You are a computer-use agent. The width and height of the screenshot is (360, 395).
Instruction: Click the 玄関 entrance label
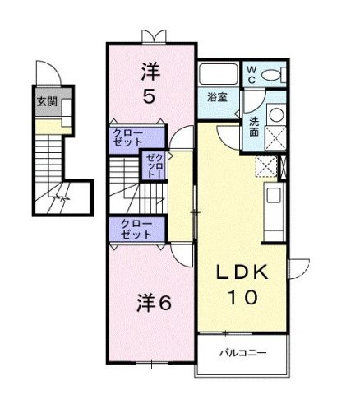47,102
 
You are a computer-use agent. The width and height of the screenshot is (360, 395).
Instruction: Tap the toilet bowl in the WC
271,75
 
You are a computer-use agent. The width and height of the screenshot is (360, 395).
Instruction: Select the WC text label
252,75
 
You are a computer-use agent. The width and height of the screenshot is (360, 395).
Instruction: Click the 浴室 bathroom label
217,97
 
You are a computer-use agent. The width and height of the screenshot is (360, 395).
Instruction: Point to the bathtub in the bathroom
219,74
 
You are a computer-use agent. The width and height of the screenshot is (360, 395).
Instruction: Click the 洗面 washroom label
254,127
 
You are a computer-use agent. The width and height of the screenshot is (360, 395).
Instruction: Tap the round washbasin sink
276,114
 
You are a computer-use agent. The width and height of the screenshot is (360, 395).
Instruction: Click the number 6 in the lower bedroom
165,304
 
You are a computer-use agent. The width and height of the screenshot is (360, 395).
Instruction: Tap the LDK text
242,272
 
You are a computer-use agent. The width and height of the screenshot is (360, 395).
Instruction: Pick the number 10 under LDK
242,297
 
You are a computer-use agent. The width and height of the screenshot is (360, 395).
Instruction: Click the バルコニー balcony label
243,352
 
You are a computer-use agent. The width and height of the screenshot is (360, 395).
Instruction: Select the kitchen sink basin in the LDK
274,195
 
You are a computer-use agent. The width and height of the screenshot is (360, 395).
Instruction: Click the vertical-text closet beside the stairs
155,166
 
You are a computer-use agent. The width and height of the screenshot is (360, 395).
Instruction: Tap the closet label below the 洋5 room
128,137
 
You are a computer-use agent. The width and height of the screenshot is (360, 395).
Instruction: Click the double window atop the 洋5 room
154,37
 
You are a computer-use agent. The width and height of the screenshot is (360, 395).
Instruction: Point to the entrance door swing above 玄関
48,72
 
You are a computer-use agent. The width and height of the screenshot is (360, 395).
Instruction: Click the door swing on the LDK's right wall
299,269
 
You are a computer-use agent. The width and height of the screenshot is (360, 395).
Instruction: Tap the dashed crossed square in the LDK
266,166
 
